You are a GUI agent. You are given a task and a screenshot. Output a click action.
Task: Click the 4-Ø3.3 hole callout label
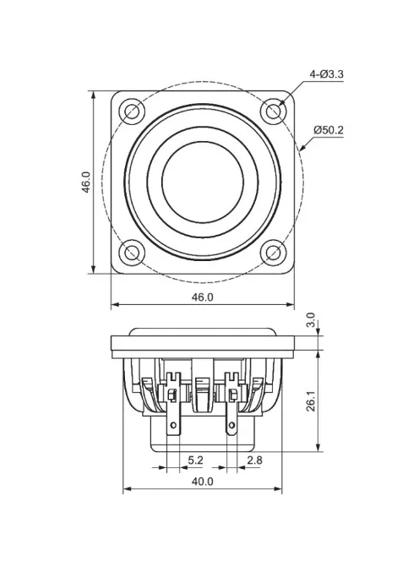pos(327,74)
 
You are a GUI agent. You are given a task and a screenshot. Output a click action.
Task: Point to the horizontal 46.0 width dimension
pos(204,297)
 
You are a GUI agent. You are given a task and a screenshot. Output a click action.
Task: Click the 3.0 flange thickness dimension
pos(310,320)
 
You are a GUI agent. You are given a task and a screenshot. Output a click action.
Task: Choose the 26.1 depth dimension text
pos(310,400)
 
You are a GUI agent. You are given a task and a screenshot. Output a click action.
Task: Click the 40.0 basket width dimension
pos(203,482)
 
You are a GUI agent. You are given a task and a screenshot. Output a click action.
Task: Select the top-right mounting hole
pos(273,111)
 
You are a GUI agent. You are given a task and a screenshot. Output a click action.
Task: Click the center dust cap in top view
pos(203,181)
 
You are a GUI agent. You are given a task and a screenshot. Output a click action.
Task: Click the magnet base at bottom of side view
pos(203,438)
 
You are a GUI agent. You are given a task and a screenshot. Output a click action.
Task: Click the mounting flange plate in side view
pos(203,342)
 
